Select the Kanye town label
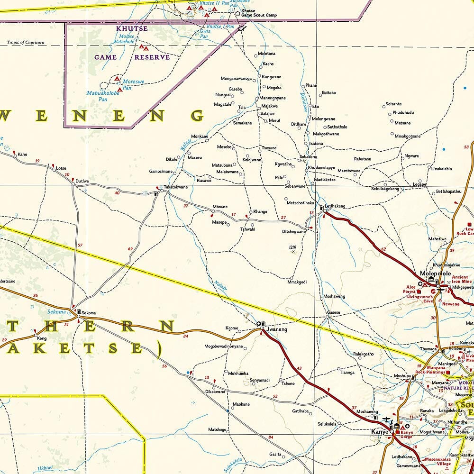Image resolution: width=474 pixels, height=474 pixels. tap(380, 432)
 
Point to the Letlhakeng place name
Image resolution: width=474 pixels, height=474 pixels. tap(335, 206)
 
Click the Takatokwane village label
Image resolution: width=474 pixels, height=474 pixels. tap(176, 187)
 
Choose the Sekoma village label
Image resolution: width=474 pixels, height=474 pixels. tap(89, 313)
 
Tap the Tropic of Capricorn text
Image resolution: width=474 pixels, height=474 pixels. tap(26, 43)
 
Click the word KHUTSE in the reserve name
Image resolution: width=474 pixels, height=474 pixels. tap(132, 28)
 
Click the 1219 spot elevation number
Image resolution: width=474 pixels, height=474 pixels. tap(292, 247)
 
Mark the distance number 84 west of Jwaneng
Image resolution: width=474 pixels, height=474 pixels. tap(186, 337)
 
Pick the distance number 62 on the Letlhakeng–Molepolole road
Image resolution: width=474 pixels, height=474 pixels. tap(383, 249)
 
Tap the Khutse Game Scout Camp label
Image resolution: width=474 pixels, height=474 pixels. tap(259, 13)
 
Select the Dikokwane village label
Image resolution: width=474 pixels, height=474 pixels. tap(215, 392)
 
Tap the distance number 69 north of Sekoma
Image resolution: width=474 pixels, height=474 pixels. tap(130, 249)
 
